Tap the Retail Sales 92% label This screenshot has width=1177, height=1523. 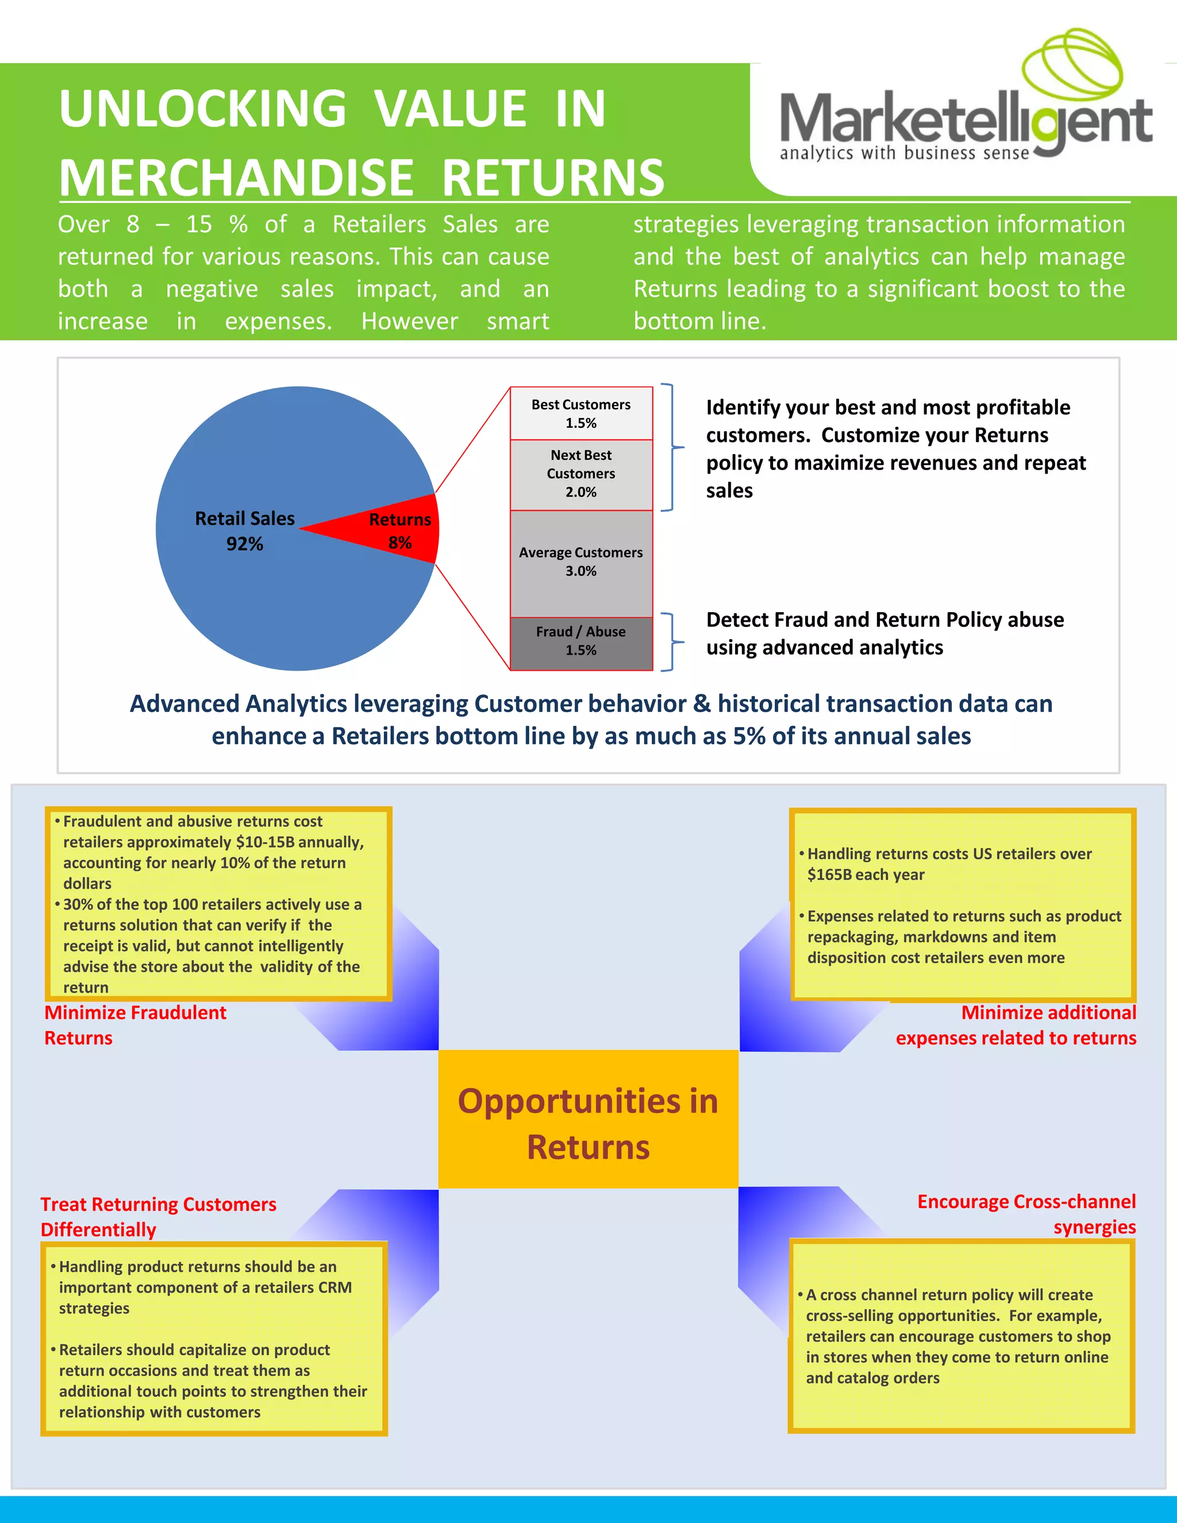click(245, 530)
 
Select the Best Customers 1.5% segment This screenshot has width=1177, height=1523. click(581, 414)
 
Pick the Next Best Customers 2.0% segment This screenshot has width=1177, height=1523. click(581, 474)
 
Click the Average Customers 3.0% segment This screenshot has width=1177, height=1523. click(581, 561)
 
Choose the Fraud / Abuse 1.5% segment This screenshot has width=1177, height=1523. click(581, 641)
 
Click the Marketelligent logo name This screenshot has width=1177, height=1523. click(965, 120)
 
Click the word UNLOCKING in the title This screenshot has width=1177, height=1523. click(203, 109)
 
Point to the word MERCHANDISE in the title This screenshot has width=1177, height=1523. click(237, 178)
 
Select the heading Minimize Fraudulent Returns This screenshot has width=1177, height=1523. click(135, 1025)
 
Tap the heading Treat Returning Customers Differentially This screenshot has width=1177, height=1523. click(158, 1216)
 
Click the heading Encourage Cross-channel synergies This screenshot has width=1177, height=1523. click(1026, 1214)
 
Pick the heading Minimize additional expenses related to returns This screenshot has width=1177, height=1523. click(1016, 1025)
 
